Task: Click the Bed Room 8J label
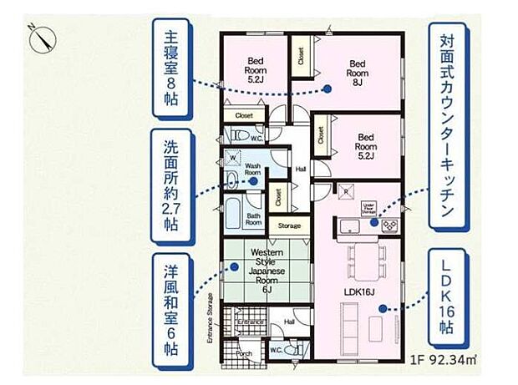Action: pyautogui.click(x=358, y=70)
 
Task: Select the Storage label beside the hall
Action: pyautogui.click(x=289, y=225)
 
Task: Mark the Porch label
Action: pyautogui.click(x=244, y=352)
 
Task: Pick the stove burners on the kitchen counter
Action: pyautogui.click(x=390, y=224)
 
